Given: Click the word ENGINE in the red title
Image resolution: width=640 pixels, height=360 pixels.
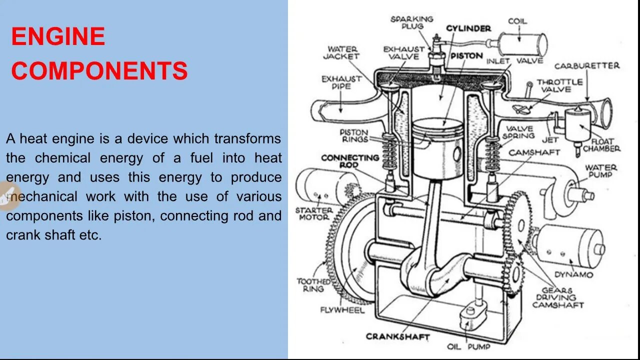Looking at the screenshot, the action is pos(58,37).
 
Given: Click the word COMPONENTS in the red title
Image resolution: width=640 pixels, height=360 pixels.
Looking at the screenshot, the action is pos(99,71).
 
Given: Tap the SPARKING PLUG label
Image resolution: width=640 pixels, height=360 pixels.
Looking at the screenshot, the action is pos(412,22).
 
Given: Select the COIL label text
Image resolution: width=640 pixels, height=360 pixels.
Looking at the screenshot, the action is pos(517,21).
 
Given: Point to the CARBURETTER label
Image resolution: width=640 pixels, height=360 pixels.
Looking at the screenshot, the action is pos(586,66).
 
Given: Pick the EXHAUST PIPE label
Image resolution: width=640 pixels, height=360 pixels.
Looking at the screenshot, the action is pos(341,82).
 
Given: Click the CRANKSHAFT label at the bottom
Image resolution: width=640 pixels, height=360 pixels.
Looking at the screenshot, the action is pos(397,336).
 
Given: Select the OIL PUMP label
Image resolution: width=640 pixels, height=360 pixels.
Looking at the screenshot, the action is pos(468,346).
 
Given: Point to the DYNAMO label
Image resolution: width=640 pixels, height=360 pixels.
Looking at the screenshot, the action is pos(573,274).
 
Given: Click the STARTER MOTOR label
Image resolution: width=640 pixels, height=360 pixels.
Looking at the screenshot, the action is pos(314,213).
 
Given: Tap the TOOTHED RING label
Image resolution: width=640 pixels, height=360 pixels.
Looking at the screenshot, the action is pos(313,285).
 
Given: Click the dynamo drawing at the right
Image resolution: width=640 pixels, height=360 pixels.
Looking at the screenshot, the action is pos(569,245).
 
